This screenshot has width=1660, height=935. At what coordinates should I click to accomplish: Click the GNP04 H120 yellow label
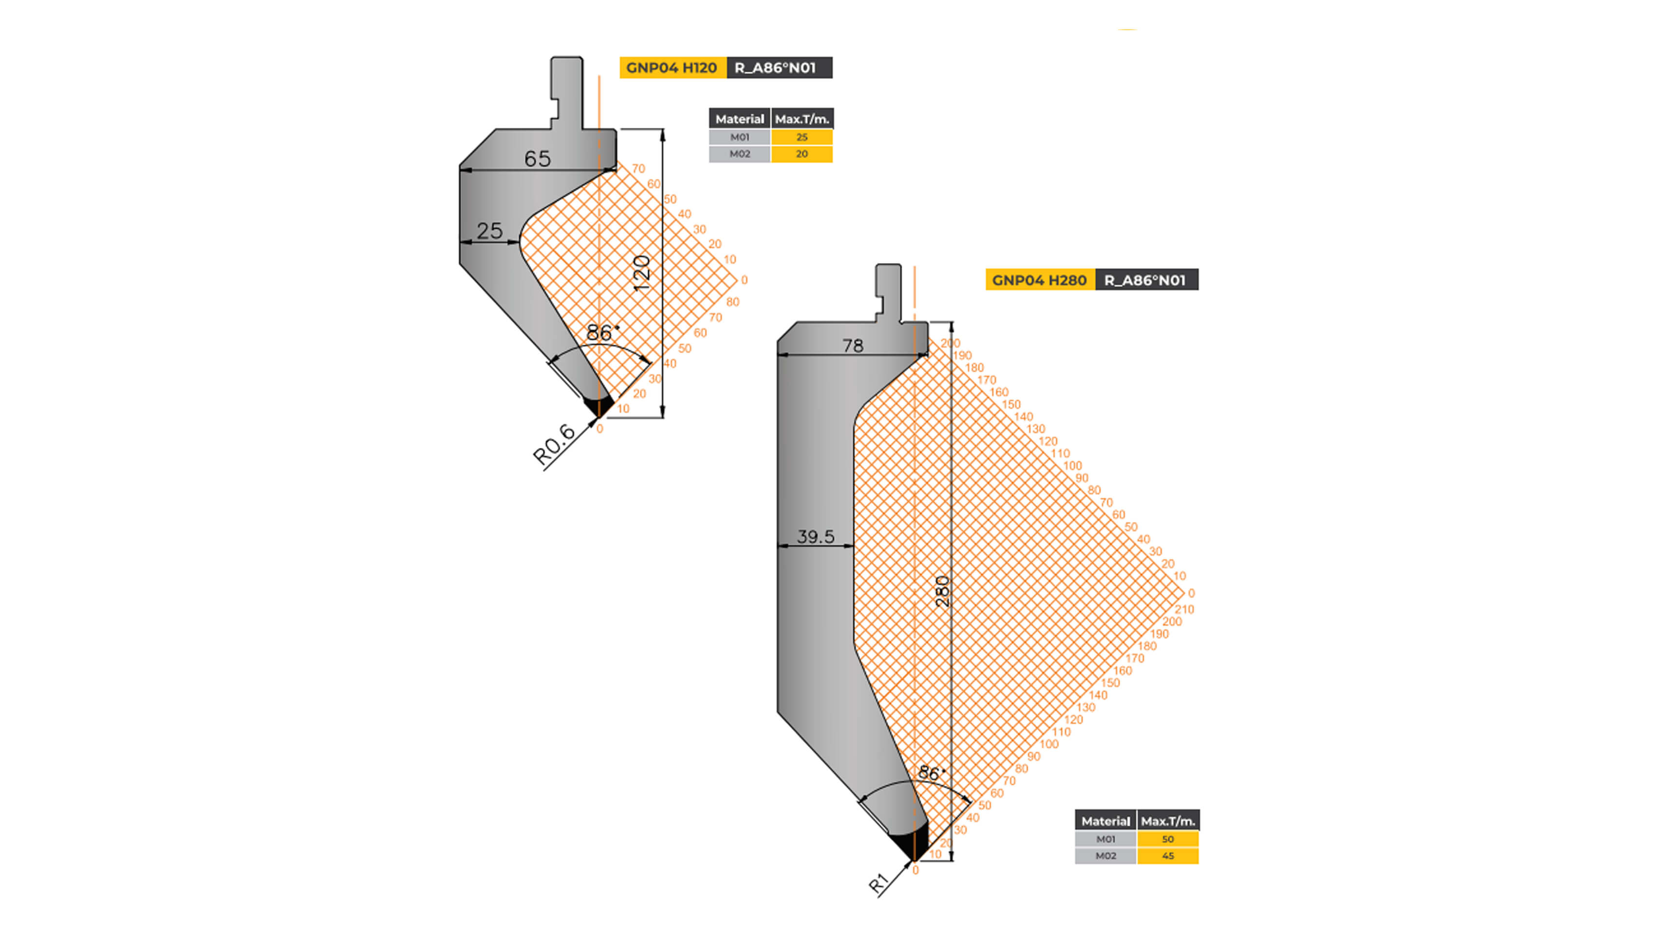672,68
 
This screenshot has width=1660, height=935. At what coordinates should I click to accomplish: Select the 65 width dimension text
538,159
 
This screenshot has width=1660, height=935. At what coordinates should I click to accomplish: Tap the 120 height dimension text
642,273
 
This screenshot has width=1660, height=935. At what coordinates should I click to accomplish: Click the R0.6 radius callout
554,445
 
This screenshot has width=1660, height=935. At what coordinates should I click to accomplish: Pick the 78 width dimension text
853,346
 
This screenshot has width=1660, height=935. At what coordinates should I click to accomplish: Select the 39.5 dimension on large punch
815,536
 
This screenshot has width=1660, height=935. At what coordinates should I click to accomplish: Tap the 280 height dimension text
942,591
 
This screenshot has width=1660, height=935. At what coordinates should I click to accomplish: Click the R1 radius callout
879,883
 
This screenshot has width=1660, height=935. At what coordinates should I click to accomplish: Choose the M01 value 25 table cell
802,137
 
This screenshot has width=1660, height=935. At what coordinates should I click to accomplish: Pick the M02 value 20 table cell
802,154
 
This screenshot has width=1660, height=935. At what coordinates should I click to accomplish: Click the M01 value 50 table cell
1168,839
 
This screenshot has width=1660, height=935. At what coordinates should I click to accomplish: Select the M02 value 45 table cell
1168,856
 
